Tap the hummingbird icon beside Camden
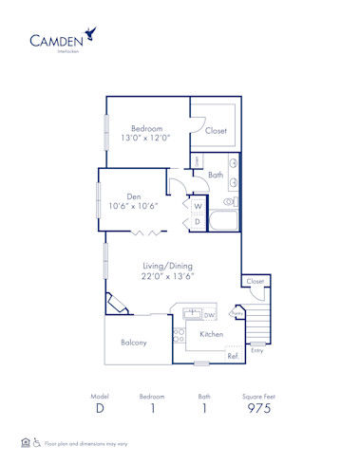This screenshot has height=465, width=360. click(x=92, y=35)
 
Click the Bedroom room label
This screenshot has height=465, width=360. click(x=146, y=128)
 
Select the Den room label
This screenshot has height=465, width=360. click(x=134, y=196)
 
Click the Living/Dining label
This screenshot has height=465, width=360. click(x=166, y=266)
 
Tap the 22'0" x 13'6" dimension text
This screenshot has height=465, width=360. click(x=166, y=277)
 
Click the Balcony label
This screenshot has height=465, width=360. click(x=133, y=343)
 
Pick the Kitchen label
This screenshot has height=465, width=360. click(x=211, y=334)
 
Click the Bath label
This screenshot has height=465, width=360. click(x=216, y=175)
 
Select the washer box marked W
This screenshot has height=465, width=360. click(x=198, y=206)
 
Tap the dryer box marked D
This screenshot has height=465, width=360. click(x=198, y=222)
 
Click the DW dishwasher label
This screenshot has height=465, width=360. click(x=209, y=315)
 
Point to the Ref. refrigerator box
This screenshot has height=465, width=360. click(x=233, y=354)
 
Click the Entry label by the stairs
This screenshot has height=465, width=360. click(x=256, y=351)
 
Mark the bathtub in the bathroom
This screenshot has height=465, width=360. click(x=224, y=224)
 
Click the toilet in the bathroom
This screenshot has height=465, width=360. click(x=229, y=202)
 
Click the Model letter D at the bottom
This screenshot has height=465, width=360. click(x=100, y=408)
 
